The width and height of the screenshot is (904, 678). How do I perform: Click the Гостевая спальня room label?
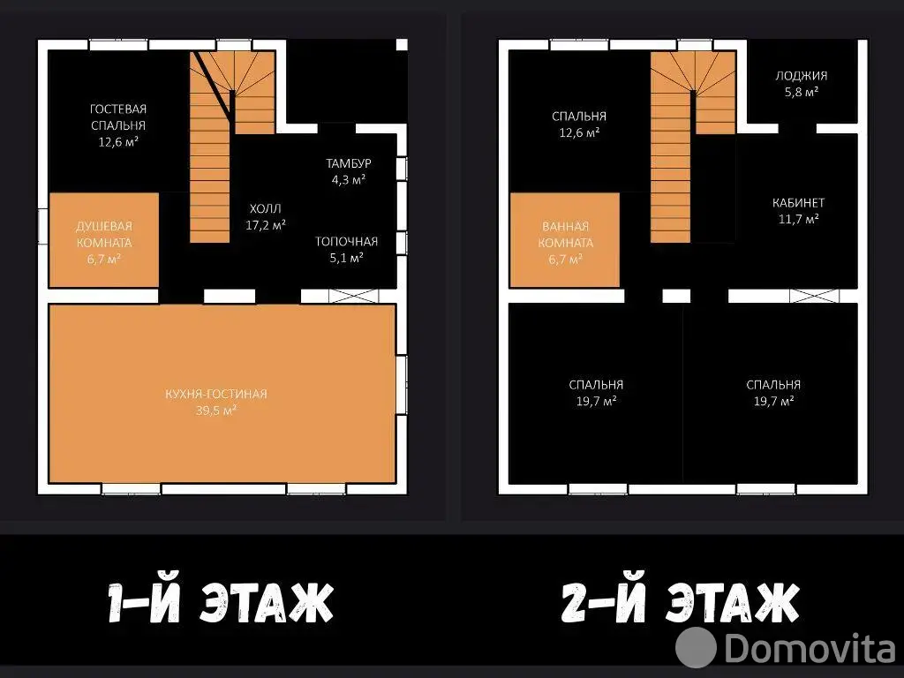(118, 125)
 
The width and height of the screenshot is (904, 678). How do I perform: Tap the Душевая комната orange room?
(104, 240)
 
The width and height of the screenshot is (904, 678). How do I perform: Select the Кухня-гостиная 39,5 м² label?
(216, 402)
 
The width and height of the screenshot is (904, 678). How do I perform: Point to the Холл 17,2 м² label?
(265, 217)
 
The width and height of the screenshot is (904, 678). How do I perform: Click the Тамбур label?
(348, 163)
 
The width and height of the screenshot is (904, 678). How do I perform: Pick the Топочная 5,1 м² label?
(346, 249)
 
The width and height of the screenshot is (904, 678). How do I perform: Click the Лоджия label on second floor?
(802, 76)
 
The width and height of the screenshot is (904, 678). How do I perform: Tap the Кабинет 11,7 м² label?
(798, 210)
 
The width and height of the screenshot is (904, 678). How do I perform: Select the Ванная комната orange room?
(565, 240)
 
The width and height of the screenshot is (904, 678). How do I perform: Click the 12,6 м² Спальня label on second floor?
(579, 124)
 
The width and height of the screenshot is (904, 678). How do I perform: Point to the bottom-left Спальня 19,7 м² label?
(596, 393)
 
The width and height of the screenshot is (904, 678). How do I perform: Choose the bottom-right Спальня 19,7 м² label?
(773, 393)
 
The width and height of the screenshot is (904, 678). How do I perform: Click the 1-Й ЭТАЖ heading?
(221, 602)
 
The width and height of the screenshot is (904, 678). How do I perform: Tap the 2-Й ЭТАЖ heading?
(680, 602)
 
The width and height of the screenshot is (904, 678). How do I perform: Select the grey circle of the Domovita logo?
(696, 647)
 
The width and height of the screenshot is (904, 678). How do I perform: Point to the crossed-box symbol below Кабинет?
(815, 296)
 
